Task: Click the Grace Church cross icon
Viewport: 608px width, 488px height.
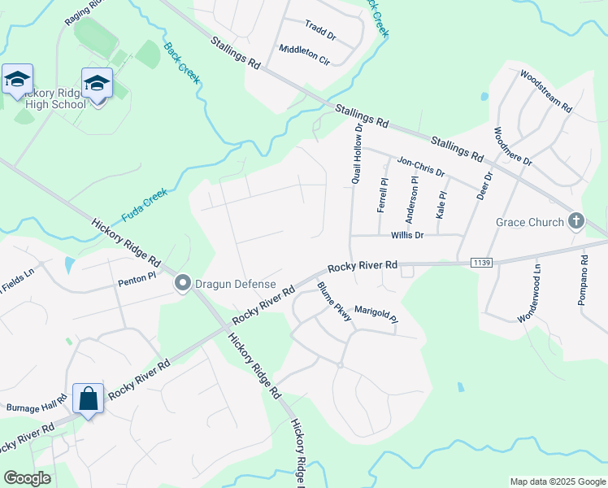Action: tap(575, 221)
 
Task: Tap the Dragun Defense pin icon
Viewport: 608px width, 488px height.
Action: tap(183, 283)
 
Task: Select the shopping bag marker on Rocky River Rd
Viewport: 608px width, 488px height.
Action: tap(89, 399)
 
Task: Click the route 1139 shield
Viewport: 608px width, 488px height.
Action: tap(480, 262)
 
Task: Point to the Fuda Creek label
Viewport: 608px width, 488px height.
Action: tap(144, 205)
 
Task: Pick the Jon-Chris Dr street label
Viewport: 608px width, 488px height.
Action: tap(420, 167)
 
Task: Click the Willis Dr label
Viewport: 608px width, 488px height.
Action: tap(407, 235)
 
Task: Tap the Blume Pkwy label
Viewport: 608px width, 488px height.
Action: tap(334, 302)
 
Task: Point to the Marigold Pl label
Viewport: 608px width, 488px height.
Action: tap(376, 314)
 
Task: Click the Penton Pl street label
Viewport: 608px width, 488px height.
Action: tap(137, 281)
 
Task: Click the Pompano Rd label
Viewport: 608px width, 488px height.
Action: tap(583, 280)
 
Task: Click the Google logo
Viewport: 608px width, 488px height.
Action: tap(28, 478)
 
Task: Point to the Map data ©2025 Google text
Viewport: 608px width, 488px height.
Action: tap(557, 481)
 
